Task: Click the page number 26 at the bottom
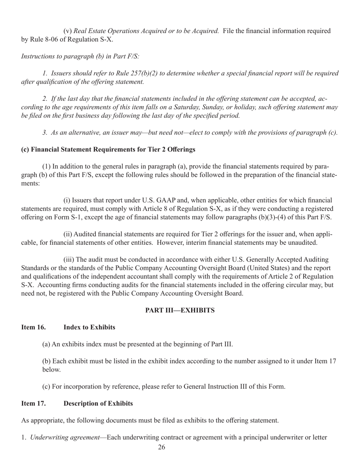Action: (x=161, y=447)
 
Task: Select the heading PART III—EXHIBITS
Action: (x=180, y=310)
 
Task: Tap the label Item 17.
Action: (x=33, y=403)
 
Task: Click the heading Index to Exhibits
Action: (x=89, y=327)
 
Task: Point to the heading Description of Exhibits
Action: (x=98, y=403)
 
